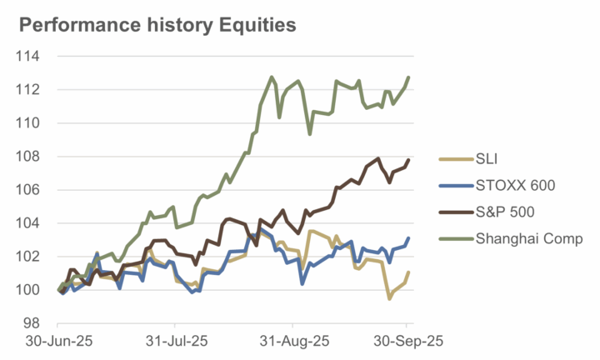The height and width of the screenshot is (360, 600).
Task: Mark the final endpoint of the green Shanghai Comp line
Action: coord(408,77)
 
